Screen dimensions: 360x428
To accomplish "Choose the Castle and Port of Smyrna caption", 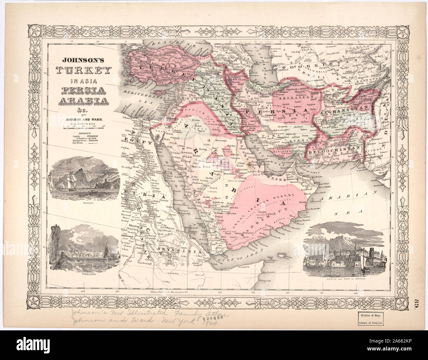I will point(337,279).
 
